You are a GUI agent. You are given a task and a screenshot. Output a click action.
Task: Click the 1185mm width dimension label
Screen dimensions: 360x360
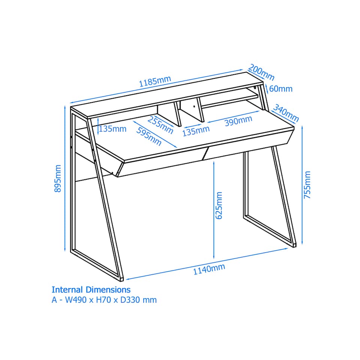click(x=155, y=81)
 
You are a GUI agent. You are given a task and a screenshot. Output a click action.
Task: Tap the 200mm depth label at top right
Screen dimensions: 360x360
click(x=261, y=72)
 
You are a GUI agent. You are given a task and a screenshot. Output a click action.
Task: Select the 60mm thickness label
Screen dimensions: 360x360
click(x=281, y=89)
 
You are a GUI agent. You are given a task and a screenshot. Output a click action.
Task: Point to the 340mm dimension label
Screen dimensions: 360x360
click(x=286, y=113)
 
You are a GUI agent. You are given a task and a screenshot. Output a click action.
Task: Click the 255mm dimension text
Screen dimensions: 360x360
click(x=160, y=125)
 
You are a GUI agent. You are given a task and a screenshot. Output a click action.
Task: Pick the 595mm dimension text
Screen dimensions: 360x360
click(x=149, y=136)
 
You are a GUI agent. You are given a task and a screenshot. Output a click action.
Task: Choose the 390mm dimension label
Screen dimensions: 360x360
click(x=238, y=121)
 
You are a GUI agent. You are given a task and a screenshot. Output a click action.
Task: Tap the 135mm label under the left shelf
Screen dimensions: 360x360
click(x=112, y=129)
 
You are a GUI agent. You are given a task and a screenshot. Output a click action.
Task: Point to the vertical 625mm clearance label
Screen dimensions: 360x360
click(x=220, y=205)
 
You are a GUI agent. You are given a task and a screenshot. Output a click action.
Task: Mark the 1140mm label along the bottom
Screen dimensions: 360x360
click(x=209, y=269)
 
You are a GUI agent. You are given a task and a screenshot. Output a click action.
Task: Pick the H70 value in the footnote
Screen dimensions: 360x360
click(x=102, y=300)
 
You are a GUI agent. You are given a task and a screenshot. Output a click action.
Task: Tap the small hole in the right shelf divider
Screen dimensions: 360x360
click(x=194, y=106)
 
